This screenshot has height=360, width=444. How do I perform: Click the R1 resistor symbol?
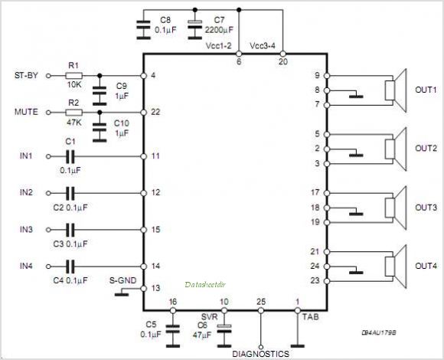point(74,76)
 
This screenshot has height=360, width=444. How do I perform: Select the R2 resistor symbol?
point(74,113)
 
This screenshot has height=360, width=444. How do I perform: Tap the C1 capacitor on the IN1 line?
point(70,156)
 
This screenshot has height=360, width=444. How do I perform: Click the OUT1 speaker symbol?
point(396,90)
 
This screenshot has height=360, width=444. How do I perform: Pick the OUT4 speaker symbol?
point(396,267)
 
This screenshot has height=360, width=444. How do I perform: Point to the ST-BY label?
point(26,76)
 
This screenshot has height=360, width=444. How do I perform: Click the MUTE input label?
point(26,112)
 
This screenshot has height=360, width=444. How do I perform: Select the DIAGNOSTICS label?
point(260,354)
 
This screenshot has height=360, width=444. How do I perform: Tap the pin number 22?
point(155,112)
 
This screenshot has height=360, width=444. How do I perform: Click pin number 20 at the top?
point(283,61)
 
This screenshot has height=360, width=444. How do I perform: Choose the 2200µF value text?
point(219,30)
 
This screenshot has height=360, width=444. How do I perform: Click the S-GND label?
point(123,280)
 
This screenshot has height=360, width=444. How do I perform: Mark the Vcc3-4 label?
point(263,46)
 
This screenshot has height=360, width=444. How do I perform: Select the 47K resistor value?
point(74,123)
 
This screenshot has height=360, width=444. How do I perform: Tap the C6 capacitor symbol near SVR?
point(224,335)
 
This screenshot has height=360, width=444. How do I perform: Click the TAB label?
point(310,316)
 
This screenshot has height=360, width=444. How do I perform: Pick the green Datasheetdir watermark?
point(205,284)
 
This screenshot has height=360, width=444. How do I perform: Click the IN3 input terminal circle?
point(48,230)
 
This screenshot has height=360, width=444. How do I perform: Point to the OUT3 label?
point(426,208)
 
